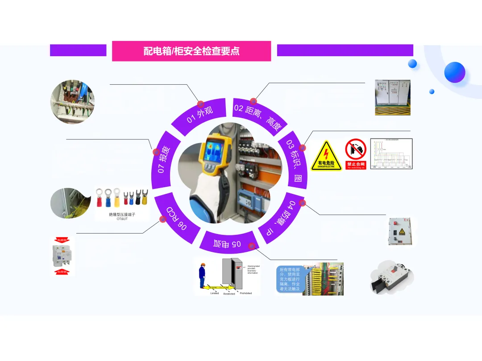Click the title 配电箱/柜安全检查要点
tap(191, 51)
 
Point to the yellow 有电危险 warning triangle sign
tap(326, 156)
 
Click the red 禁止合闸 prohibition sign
tap(356, 154)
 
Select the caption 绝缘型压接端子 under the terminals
tap(122, 215)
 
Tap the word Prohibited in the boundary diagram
tap(245, 293)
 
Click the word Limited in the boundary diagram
tap(215, 293)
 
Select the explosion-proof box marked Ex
tap(402, 231)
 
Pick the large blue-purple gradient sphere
tap(454, 72)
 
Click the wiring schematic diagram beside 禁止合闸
tap(391, 154)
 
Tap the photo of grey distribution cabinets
tap(392, 97)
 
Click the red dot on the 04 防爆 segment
tap(302, 203)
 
